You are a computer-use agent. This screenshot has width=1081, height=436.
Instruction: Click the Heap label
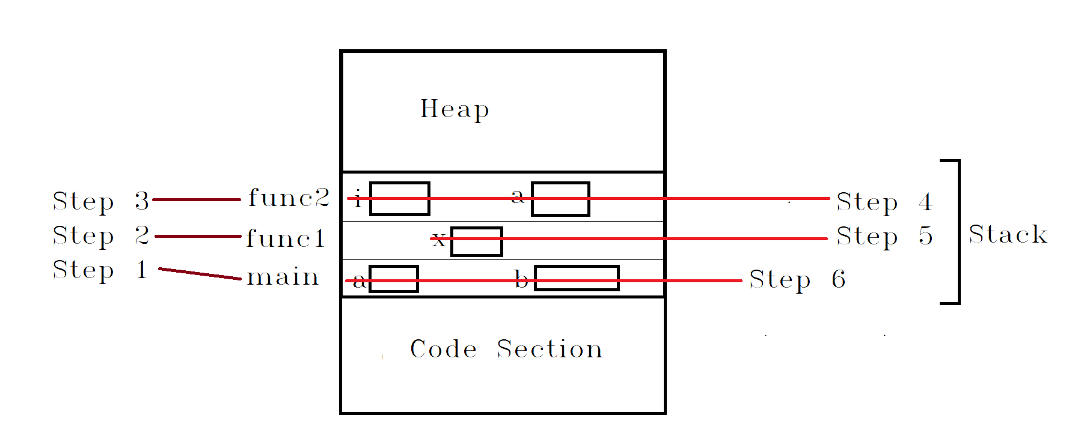coord(455,109)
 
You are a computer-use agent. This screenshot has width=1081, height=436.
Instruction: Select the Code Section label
coord(506,349)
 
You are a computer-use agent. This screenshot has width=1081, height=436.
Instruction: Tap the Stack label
coord(1008,234)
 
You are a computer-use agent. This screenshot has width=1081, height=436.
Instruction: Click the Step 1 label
coord(100,270)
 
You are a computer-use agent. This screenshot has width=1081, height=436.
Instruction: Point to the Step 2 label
coord(100,235)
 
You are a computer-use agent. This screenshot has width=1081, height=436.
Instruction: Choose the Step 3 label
coord(100,201)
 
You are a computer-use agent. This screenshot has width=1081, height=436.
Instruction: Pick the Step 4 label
coord(884,202)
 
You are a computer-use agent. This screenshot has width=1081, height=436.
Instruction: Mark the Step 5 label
coord(884,237)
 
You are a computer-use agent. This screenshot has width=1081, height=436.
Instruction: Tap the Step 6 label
coord(797,280)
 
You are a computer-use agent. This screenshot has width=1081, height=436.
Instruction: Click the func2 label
coord(289,198)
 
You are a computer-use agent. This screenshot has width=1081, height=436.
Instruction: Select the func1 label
coord(286,238)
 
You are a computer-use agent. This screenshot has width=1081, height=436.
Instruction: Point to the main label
coord(283,277)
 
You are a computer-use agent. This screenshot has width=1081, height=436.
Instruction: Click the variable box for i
coord(400,198)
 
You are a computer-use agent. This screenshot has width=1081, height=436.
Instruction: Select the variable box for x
coord(477,241)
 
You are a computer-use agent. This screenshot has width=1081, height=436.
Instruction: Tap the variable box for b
coord(577,278)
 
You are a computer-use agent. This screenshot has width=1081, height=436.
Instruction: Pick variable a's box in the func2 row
coord(560,199)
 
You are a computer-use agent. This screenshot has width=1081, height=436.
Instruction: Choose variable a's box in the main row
coord(394,279)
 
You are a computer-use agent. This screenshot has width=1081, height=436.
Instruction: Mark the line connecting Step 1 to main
coord(200,274)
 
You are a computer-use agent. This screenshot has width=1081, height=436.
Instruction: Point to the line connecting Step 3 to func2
coord(197,199)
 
